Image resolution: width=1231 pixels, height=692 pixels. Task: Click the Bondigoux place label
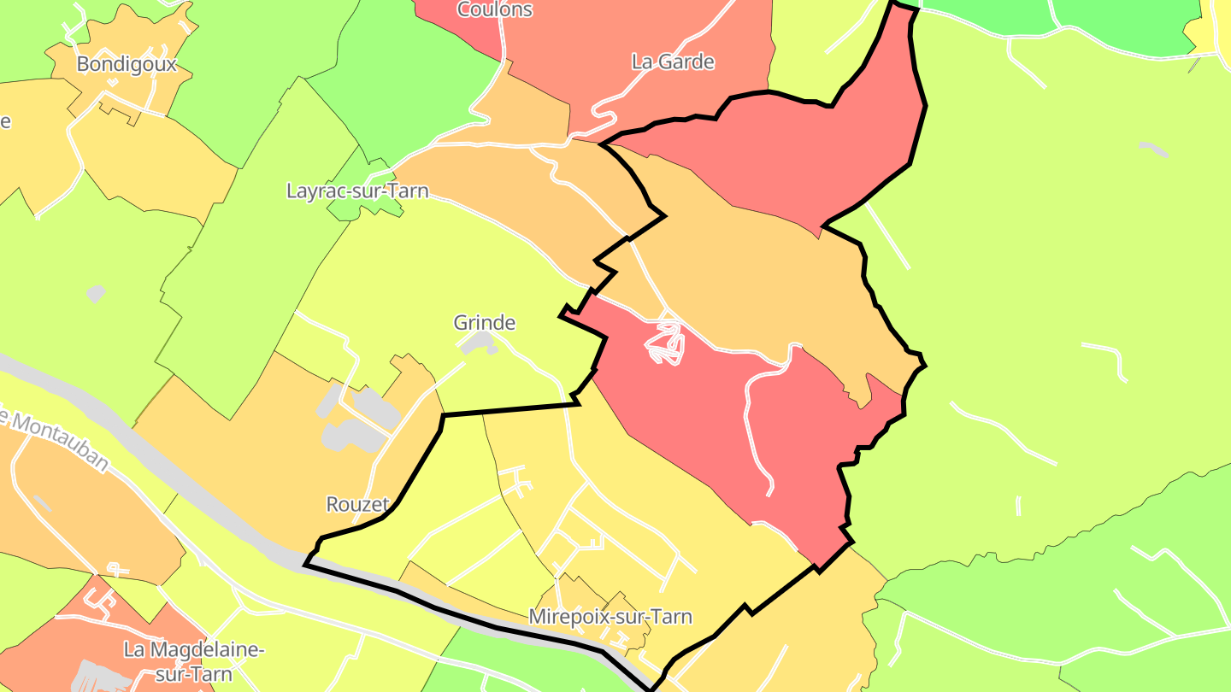pyautogui.click(x=127, y=64)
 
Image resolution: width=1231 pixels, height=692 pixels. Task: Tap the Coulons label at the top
pyautogui.click(x=495, y=9)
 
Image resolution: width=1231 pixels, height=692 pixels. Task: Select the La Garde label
pyautogui.click(x=673, y=62)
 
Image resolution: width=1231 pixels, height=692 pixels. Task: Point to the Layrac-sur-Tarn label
pyautogui.click(x=357, y=191)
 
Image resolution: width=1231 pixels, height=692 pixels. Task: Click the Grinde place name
pyautogui.click(x=485, y=323)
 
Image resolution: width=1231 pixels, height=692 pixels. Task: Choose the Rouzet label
pyautogui.click(x=357, y=504)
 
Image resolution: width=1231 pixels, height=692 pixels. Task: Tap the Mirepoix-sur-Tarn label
pyautogui.click(x=610, y=616)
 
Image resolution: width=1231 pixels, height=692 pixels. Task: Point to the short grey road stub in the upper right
pyautogui.click(x=1154, y=149)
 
